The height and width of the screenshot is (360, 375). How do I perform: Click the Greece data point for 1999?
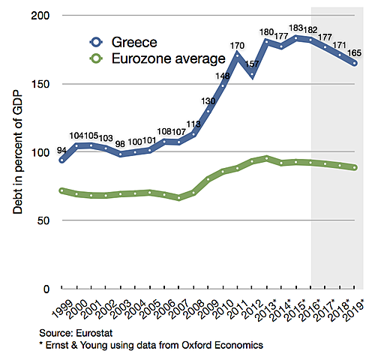click(61, 160)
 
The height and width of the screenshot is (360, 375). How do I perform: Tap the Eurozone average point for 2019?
click(354, 167)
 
